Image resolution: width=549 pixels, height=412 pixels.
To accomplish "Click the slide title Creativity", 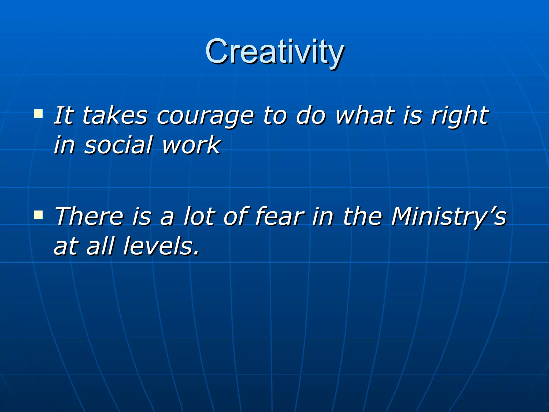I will click(274, 51).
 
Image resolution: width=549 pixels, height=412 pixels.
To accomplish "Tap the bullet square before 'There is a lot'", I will click(38, 215).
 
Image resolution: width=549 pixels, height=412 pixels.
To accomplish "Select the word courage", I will click(205, 116).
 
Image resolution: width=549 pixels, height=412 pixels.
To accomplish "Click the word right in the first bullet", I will click(460, 116).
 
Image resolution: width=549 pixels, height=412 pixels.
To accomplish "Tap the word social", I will click(118, 145).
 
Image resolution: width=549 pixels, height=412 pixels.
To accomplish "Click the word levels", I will click(161, 246).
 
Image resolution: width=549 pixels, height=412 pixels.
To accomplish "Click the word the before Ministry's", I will click(362, 216).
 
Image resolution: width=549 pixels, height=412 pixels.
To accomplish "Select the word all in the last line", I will click(101, 246).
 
